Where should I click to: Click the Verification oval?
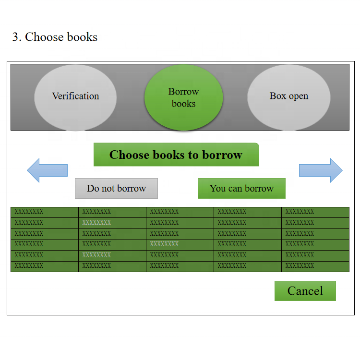click(75, 96)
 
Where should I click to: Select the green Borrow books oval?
click(183, 97)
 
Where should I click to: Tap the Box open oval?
click(288, 96)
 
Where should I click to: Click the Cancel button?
click(305, 291)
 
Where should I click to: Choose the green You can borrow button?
click(241, 189)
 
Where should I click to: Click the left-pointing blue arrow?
click(47, 170)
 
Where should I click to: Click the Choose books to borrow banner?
click(176, 155)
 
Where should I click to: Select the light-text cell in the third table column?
click(164, 244)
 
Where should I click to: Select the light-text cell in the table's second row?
click(96, 223)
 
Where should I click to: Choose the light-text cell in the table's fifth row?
click(96, 255)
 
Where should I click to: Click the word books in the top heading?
click(82, 37)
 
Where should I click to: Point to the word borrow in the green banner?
click(222, 155)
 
